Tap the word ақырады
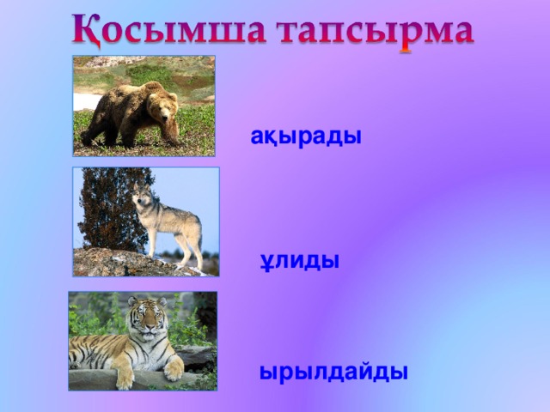pos(306,137)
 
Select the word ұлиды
pos(300,259)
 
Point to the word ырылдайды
pos(333,373)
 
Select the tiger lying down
pos(129,343)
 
